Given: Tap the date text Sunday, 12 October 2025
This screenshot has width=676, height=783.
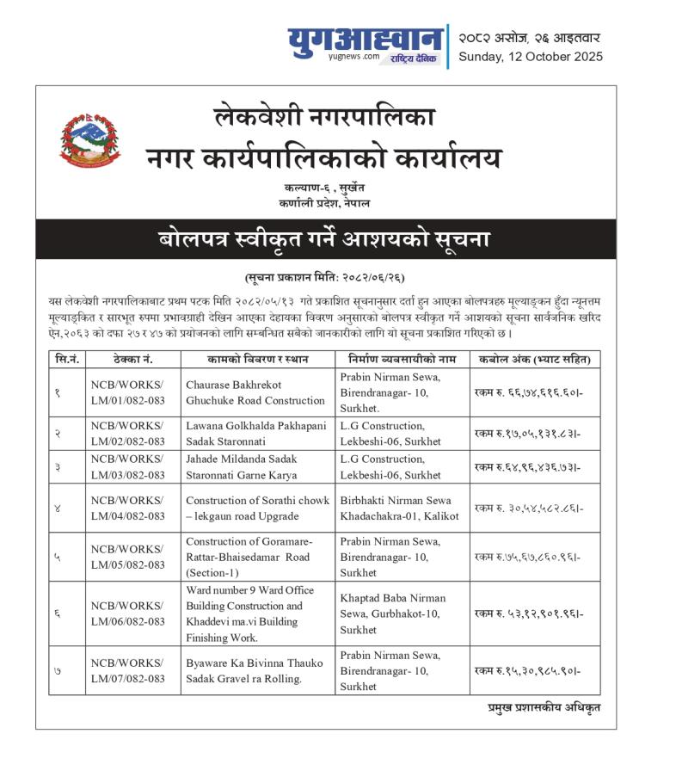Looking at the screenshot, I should [530, 57].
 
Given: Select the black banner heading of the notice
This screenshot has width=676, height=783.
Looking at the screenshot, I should [325, 239].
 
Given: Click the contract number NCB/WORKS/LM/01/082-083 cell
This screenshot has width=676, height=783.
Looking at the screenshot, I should [127, 392].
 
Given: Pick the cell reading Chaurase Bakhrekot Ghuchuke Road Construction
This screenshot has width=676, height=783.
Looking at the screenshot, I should [255, 392].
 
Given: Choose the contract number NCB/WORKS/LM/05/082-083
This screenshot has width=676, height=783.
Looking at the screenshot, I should [127, 557].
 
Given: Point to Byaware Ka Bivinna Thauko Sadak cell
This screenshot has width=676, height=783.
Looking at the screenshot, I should [255, 670].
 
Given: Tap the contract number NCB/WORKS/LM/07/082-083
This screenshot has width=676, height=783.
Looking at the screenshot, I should [127, 670].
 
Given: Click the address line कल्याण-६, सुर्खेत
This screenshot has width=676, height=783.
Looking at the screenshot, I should [324, 188].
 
